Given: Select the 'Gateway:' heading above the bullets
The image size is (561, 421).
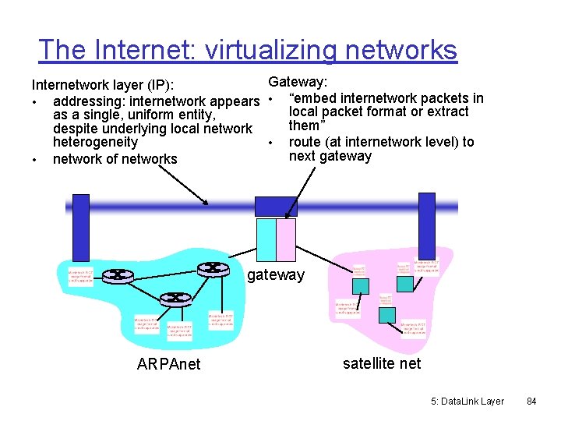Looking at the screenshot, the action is [x=298, y=83].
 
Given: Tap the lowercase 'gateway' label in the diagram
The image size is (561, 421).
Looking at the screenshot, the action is [x=275, y=274].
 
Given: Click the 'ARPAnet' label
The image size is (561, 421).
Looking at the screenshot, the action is [x=168, y=364].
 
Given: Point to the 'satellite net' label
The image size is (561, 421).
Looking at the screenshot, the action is [x=382, y=363].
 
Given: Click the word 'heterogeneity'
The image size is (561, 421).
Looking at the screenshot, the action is [x=95, y=143].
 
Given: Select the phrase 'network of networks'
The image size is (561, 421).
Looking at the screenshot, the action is [x=115, y=159].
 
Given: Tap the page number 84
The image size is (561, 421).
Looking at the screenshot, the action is [x=531, y=402].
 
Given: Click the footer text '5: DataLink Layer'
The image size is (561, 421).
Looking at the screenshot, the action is [x=467, y=402].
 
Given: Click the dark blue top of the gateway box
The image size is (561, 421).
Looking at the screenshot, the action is [x=277, y=206].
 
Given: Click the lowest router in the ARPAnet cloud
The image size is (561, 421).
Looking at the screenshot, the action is [x=175, y=298].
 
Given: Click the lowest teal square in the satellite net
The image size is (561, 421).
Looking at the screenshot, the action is [x=387, y=314].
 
